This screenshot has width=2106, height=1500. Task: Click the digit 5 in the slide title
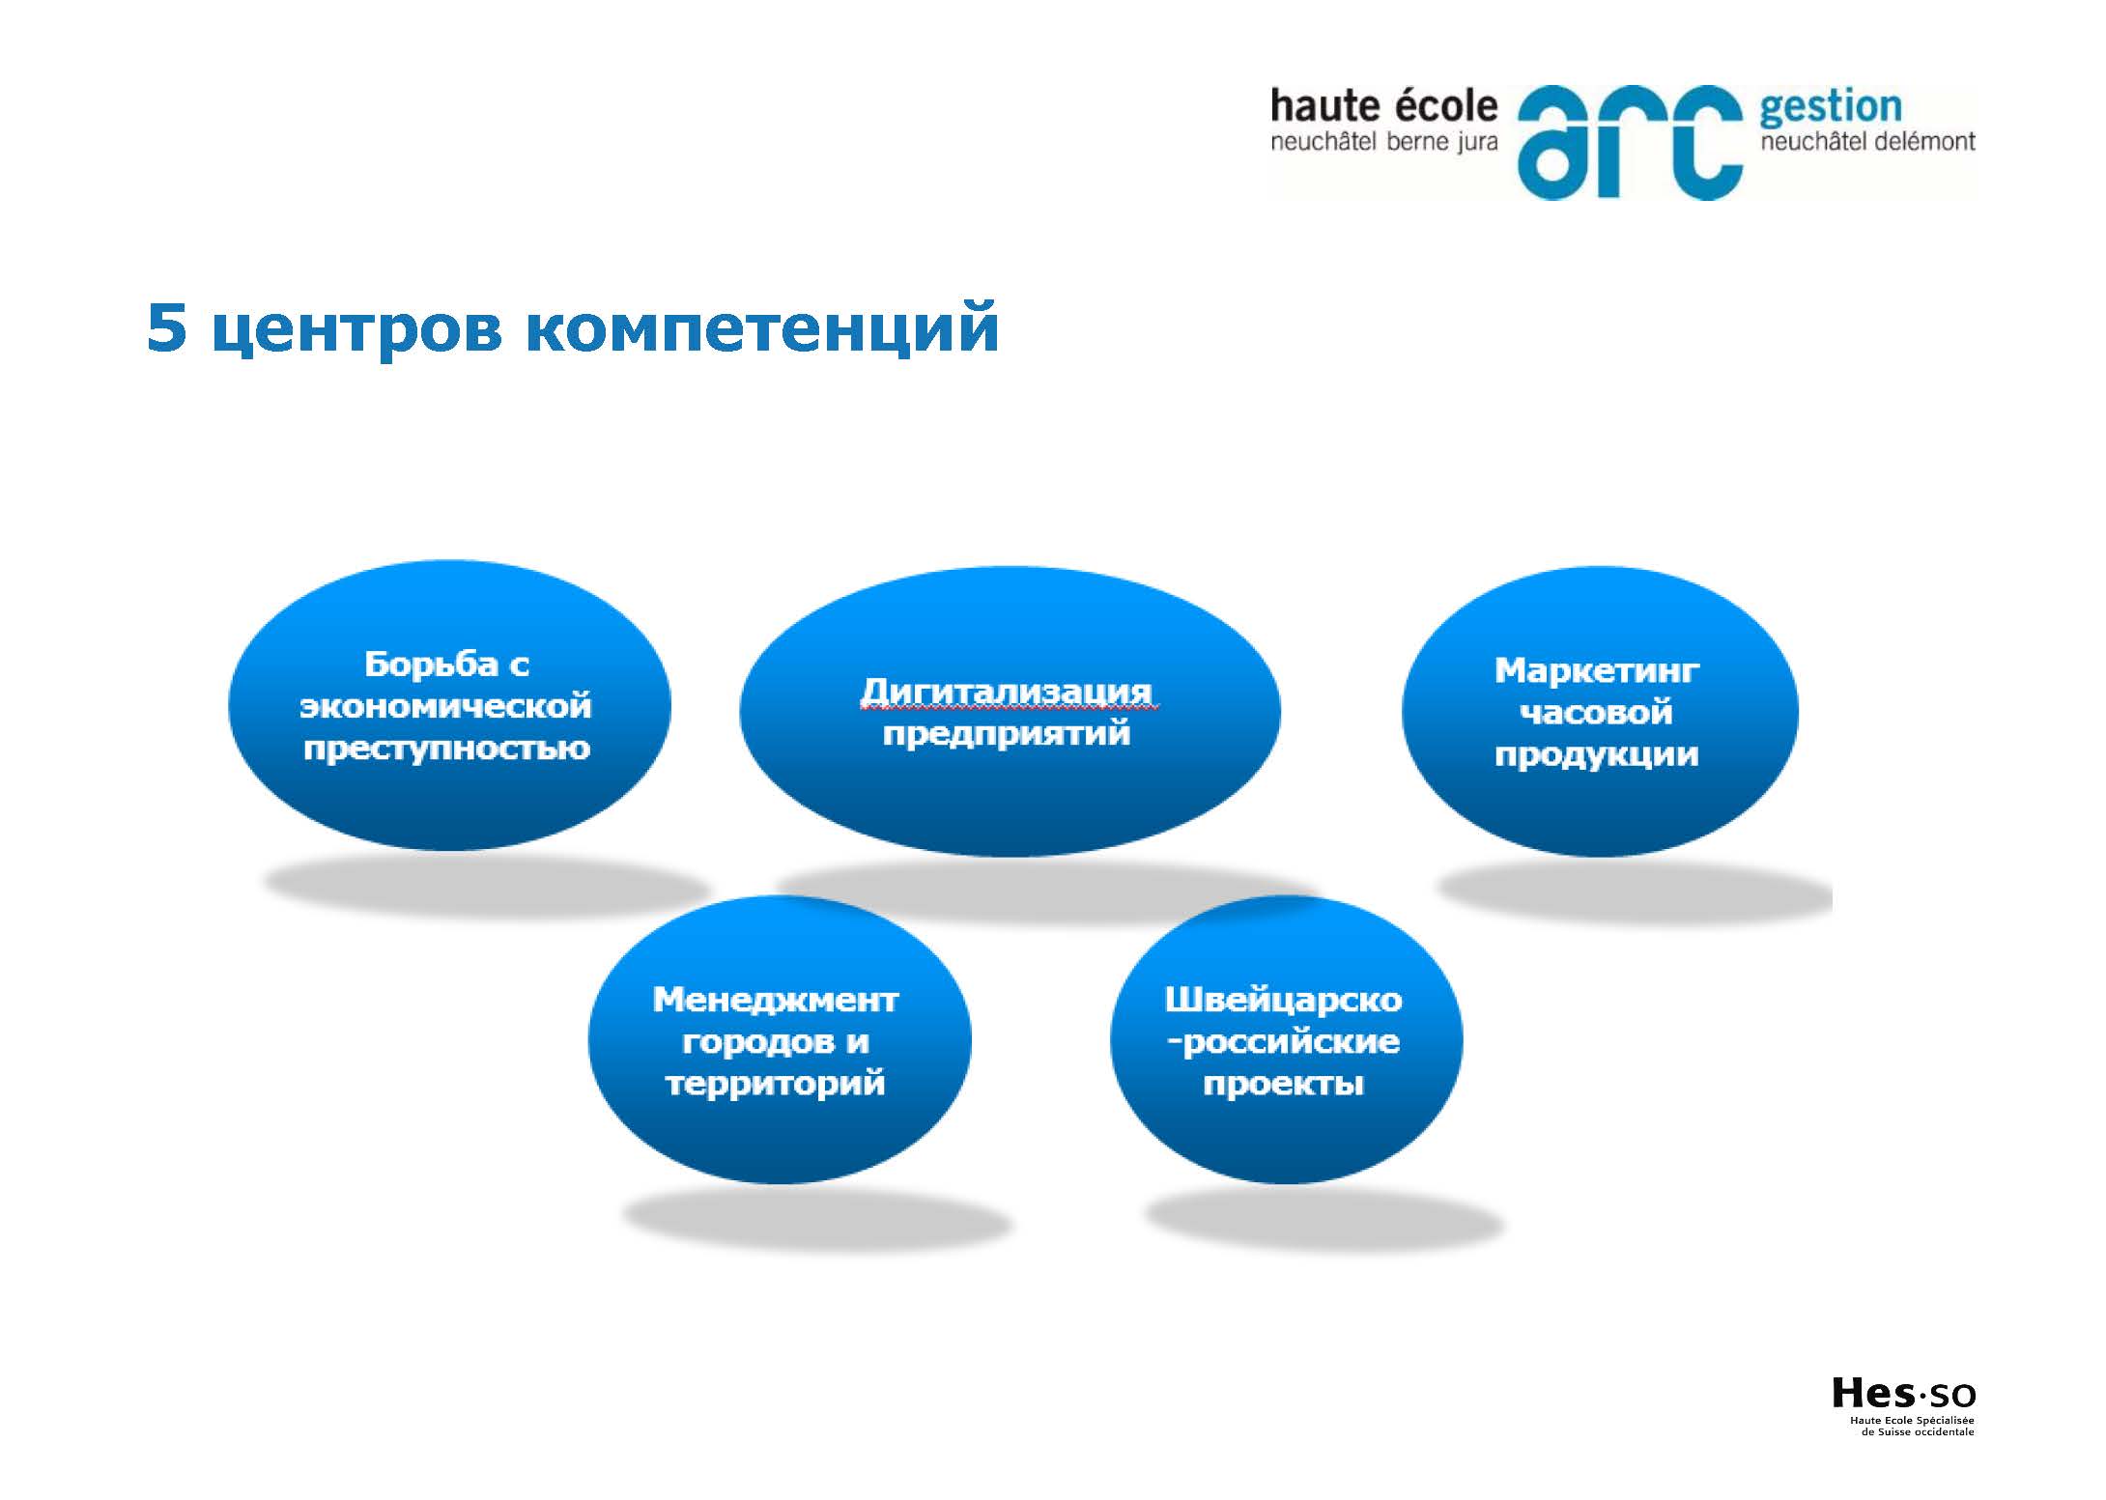(167, 328)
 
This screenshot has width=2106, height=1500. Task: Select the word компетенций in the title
(763, 330)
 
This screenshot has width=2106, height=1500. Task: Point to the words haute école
(1384, 106)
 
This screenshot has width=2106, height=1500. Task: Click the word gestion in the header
(1831, 109)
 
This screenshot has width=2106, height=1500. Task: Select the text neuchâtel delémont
(1867, 143)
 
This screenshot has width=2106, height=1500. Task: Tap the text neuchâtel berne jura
(1384, 143)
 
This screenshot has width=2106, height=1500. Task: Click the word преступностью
(446, 749)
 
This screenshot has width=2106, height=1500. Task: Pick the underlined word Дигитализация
(1007, 692)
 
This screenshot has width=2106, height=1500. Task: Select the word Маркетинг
(1597, 669)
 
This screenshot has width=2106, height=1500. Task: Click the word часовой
(1596, 712)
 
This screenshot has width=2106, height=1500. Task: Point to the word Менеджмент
(776, 1000)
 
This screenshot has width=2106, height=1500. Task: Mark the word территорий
(776, 1083)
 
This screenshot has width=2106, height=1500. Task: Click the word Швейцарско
(1283, 999)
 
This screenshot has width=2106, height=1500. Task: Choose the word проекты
(1283, 1084)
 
